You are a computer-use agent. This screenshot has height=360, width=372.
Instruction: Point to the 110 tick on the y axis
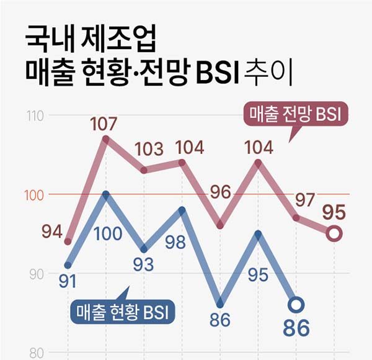[x=35, y=116]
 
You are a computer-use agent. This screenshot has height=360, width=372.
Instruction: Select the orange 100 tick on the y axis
[x=35, y=195]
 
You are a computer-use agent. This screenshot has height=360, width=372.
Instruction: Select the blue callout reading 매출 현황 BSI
[x=122, y=312]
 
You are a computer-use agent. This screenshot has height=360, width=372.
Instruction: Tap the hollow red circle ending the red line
[x=334, y=234]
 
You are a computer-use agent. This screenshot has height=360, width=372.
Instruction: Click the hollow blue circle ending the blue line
[x=296, y=305]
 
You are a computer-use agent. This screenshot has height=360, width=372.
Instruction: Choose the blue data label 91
[x=67, y=281]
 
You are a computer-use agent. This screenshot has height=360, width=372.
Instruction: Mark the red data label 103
[x=149, y=150]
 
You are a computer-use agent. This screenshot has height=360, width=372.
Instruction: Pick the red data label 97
[x=304, y=200]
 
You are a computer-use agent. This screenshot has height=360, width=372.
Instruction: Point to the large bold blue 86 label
[x=296, y=328]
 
